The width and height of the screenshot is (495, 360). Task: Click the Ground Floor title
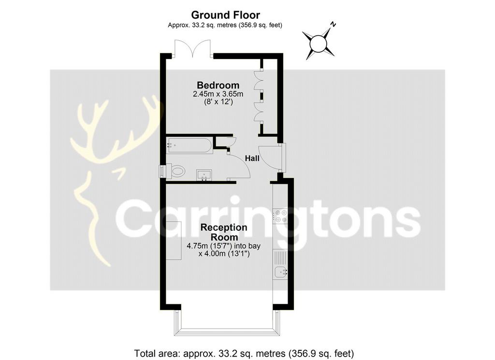[225, 15]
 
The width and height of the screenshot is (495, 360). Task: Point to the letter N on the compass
[333, 24]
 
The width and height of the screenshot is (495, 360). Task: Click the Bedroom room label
[218, 85]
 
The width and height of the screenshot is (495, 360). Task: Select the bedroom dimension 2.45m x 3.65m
[218, 94]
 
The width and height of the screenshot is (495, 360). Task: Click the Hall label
[252, 158]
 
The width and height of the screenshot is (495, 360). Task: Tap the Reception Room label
[224, 232]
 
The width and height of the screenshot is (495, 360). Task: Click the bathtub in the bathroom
[189, 146]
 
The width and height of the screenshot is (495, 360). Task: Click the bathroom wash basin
[204, 175]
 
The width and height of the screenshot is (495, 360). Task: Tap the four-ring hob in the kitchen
[280, 216]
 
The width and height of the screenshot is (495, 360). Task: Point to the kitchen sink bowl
[280, 272]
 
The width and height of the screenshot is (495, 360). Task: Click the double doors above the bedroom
[192, 49]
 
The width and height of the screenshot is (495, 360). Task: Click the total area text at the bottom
[244, 353]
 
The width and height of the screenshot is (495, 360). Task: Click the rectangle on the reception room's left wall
[174, 240]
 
